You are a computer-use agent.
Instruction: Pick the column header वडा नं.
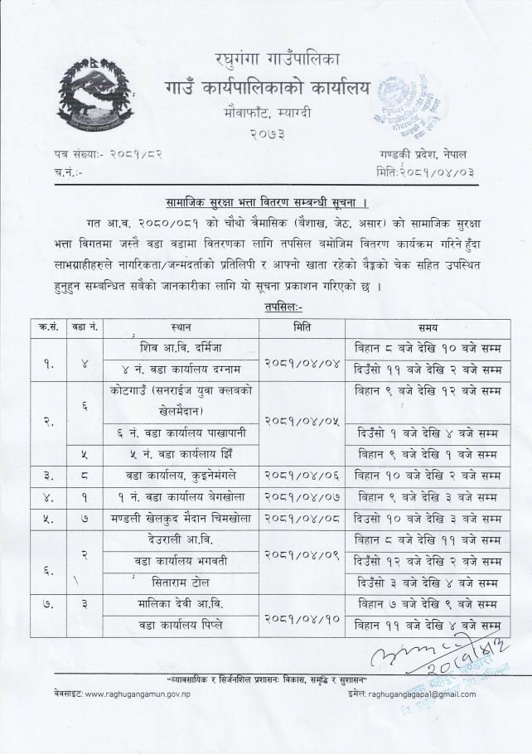86,327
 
